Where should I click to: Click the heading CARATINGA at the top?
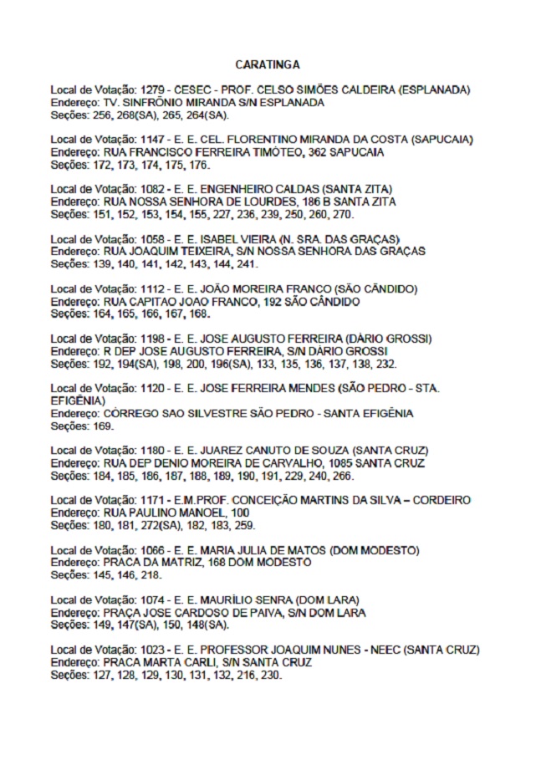pos(268,64)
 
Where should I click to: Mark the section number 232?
pos(385,364)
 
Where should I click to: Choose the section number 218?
pos(151,575)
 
